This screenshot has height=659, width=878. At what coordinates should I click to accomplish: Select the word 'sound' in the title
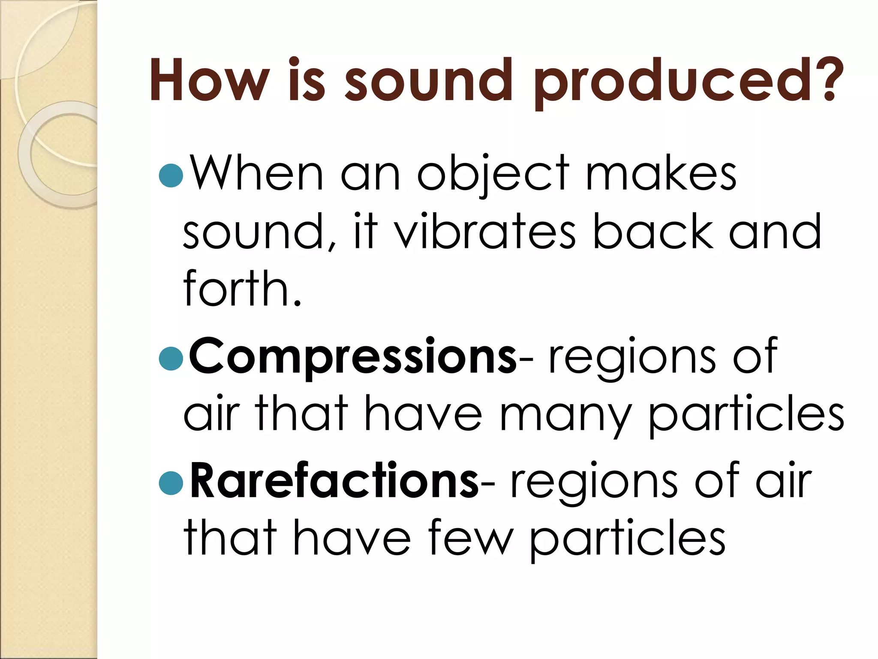click(428, 80)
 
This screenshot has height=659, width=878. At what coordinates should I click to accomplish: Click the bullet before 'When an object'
click(171, 175)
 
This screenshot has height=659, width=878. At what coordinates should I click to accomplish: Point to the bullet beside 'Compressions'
click(171, 358)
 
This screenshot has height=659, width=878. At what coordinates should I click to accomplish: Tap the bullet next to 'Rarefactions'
click(171, 483)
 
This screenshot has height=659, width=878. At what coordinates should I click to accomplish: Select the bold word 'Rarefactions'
click(334, 481)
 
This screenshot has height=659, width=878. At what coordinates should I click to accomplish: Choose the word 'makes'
click(661, 174)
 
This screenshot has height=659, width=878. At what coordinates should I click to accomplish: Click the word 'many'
click(565, 414)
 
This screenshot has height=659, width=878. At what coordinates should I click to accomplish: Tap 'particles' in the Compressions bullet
click(746, 414)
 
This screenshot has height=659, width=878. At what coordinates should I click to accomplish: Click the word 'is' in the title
click(306, 80)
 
